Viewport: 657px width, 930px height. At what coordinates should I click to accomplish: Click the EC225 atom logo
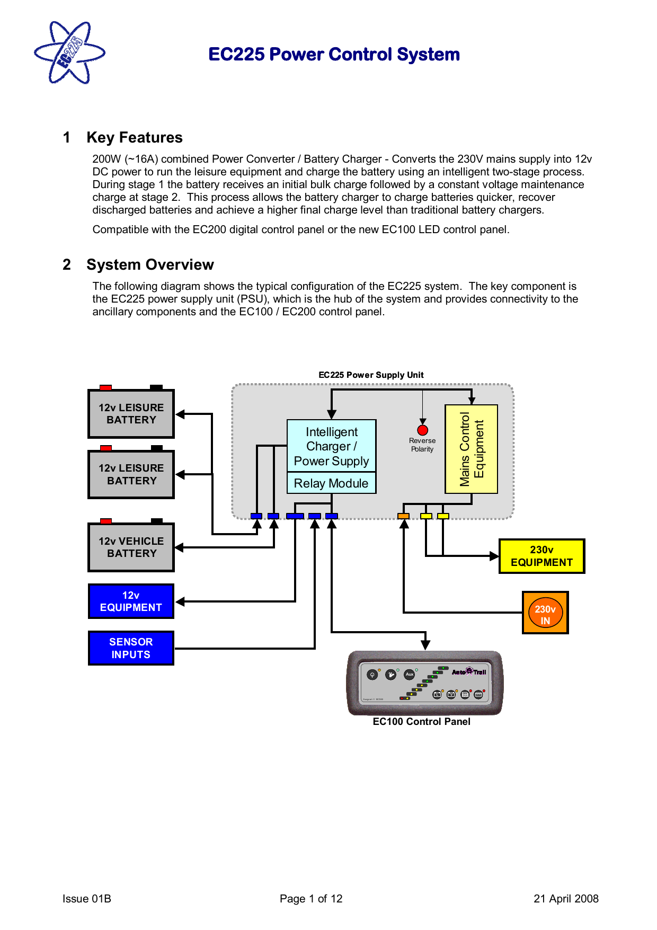tap(69, 53)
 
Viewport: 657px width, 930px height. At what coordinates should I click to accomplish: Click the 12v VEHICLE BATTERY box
tap(131, 547)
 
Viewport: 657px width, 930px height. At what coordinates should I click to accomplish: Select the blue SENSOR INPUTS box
tap(131, 648)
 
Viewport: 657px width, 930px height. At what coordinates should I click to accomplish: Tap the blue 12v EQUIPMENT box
tap(131, 601)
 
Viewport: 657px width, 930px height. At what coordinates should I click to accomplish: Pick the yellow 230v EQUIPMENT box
tap(541, 556)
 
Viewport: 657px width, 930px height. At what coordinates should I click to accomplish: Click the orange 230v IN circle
tap(545, 613)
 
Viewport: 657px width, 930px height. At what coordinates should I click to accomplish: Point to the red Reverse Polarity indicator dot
tap(422, 430)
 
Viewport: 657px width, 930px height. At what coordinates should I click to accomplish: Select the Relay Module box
tap(331, 483)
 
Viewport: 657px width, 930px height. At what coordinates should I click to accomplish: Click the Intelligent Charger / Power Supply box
tap(331, 446)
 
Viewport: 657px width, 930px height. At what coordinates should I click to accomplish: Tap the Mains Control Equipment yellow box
tap(471, 449)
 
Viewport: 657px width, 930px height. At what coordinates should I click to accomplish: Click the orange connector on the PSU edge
tap(403, 516)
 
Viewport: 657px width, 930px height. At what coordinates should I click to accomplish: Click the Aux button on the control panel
tap(409, 675)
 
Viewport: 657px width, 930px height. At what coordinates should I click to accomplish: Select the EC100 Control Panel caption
tap(421, 722)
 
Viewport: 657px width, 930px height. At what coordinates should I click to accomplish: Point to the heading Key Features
tap(135, 138)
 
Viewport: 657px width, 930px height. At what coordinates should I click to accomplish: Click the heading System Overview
tap(150, 265)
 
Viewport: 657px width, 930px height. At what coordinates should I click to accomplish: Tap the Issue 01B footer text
tap(86, 899)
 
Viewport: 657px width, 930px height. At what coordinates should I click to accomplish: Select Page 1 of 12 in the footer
tap(311, 899)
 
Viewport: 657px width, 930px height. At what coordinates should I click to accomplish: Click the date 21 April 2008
tap(566, 899)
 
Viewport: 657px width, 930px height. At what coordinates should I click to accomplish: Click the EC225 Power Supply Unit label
tap(371, 375)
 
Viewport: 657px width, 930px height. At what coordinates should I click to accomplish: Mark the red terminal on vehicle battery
tap(106, 521)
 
